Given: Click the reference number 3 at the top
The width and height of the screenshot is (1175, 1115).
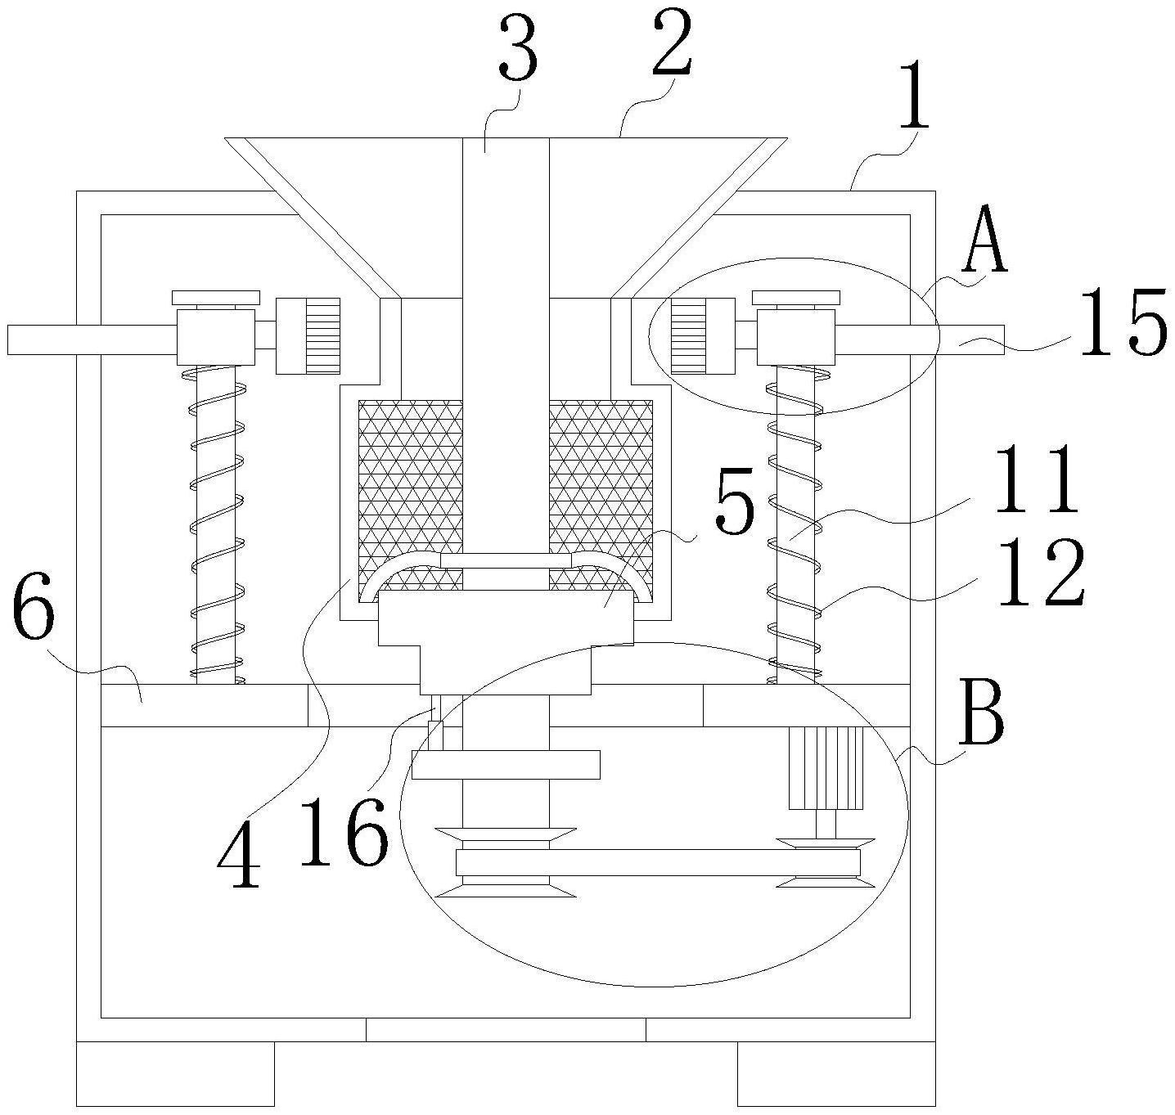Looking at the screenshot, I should [x=517, y=52].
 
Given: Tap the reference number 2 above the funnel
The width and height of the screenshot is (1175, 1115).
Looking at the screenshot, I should [x=673, y=45].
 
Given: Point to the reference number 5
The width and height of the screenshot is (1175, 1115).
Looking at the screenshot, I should [x=733, y=510].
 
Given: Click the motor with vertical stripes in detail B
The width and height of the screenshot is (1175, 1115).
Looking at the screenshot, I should [x=826, y=767].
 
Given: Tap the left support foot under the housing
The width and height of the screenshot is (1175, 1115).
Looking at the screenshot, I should [x=175, y=1072].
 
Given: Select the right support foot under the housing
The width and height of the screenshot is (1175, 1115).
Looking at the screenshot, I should [x=836, y=1072].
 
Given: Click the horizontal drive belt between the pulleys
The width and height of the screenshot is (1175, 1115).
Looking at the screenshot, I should [x=658, y=862].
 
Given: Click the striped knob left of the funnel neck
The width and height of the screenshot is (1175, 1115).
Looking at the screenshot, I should [x=308, y=335].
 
